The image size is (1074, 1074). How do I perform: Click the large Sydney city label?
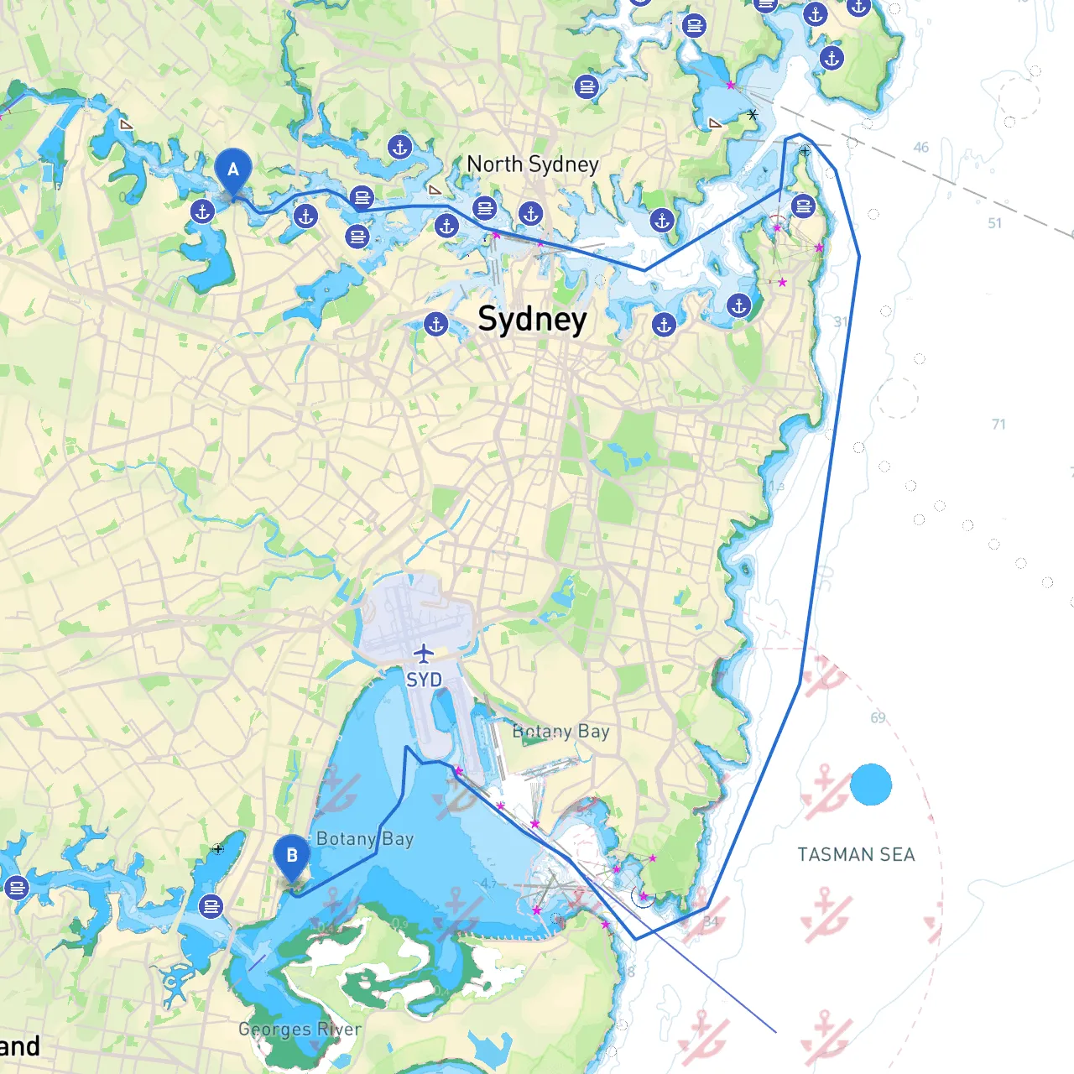click(x=532, y=319)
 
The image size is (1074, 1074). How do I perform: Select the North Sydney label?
click(x=533, y=164)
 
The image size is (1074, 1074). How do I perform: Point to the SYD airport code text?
click(x=424, y=680)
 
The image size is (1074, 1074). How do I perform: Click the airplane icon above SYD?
click(x=424, y=653)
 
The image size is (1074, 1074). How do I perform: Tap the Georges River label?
click(x=300, y=1029)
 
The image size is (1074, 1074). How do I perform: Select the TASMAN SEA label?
click(x=856, y=855)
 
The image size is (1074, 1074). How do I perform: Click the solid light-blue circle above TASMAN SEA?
click(x=871, y=785)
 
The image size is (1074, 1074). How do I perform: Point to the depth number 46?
click(x=921, y=148)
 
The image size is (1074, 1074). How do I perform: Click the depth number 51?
click(x=994, y=223)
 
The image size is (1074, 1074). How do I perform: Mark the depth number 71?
click(x=998, y=425)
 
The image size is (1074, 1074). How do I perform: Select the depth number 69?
click(x=878, y=718)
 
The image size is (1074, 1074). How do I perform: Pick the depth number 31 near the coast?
click(x=841, y=322)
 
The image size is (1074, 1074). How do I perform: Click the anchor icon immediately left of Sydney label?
click(x=436, y=324)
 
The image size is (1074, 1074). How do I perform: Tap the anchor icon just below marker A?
click(x=202, y=211)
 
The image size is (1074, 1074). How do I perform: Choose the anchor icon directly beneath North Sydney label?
click(x=530, y=214)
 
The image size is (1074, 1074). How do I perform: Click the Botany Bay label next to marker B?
click(x=365, y=839)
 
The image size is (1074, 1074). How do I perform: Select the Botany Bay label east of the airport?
click(x=560, y=732)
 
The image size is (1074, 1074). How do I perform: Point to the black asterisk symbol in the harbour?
click(x=753, y=114)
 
